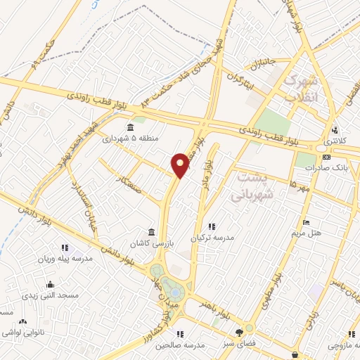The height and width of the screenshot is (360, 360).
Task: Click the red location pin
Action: tap(181, 165)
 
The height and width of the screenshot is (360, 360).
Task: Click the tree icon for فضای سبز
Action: tap(240, 331)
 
